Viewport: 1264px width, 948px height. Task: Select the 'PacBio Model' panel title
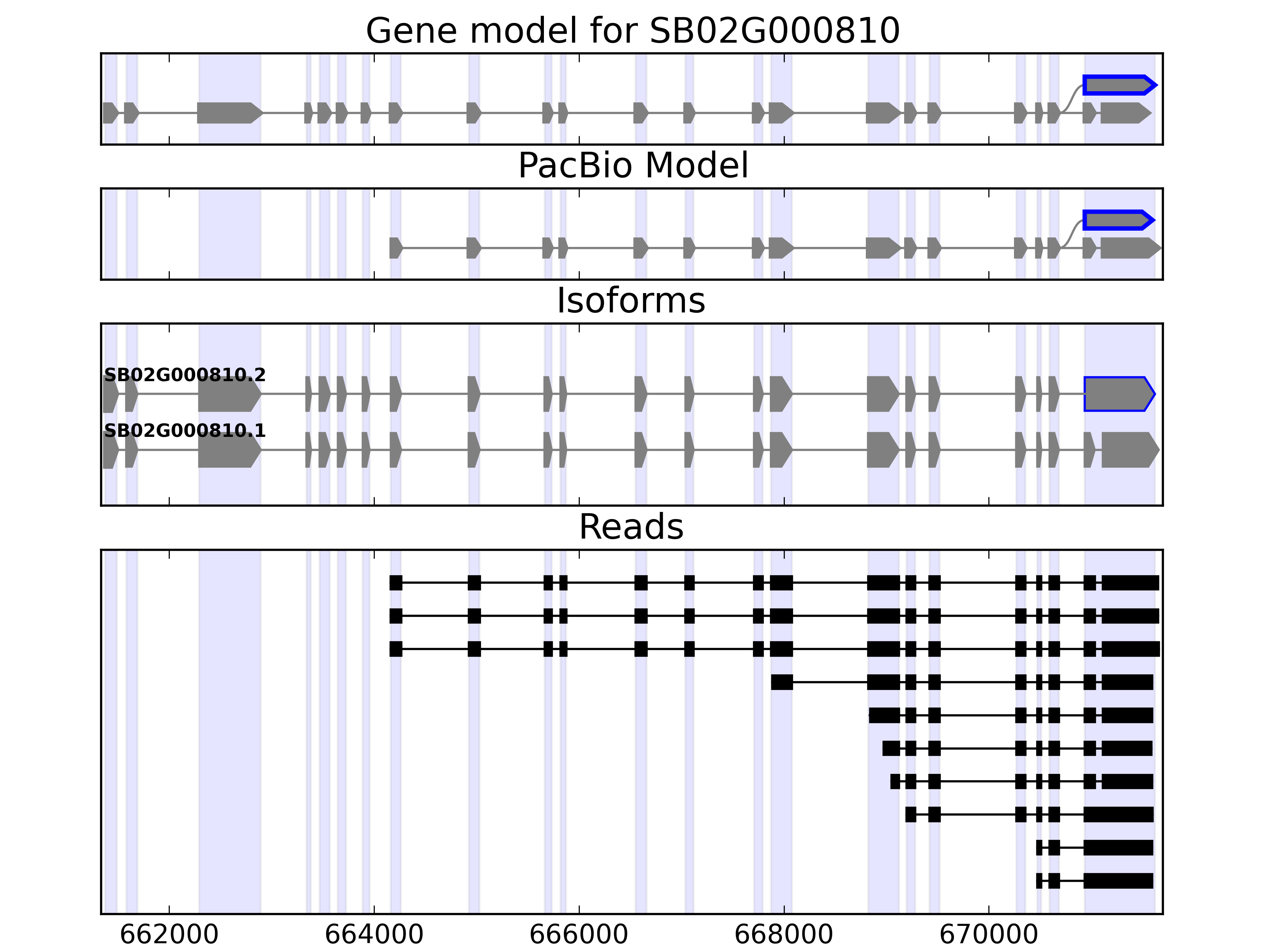[x=632, y=166]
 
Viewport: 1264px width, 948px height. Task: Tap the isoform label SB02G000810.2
[x=184, y=375]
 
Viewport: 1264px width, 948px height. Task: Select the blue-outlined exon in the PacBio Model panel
[x=1117, y=220]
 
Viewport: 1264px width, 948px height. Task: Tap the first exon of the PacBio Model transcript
[x=395, y=248]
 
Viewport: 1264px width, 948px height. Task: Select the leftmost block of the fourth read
[x=781, y=682]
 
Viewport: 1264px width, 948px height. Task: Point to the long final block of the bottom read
[x=1118, y=880]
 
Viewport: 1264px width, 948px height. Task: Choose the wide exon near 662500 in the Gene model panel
[x=228, y=113]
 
